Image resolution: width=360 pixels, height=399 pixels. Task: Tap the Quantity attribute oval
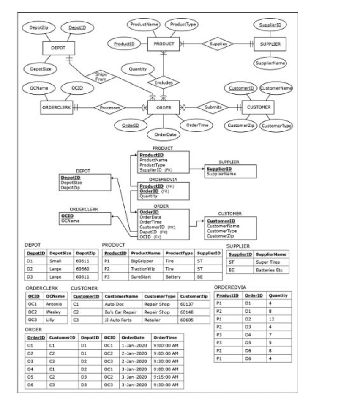137,69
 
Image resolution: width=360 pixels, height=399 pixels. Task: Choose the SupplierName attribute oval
269,63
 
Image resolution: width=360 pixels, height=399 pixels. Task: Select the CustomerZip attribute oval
238,126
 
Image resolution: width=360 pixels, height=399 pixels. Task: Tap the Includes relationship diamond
164,82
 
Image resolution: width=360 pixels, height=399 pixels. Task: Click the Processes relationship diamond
110,107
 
